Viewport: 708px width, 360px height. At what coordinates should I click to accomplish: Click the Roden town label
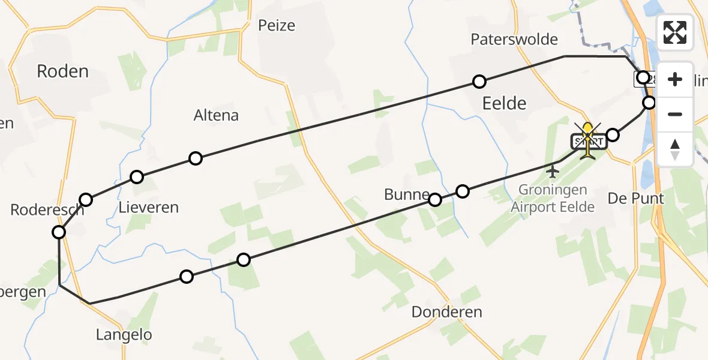(x=62, y=71)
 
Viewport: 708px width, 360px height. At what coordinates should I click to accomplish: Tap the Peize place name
(x=277, y=25)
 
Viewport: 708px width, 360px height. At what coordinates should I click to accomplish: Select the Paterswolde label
(x=514, y=40)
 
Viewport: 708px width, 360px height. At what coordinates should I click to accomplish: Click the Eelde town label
(x=504, y=103)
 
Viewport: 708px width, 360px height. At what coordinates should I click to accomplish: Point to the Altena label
(x=216, y=115)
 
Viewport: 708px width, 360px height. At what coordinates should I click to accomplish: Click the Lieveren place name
(x=149, y=208)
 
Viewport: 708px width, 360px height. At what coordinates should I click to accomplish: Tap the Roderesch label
(x=47, y=209)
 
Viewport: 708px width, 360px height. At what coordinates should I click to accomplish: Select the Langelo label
(x=124, y=335)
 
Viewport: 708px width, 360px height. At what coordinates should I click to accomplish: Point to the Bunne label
(x=407, y=195)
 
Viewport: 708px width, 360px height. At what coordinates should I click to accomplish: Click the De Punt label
(x=635, y=199)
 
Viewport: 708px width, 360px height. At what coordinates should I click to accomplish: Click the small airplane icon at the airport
(x=553, y=172)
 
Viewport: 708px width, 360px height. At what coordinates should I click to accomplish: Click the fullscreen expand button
(x=675, y=32)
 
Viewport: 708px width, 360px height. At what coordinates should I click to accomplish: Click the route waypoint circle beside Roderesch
(x=59, y=232)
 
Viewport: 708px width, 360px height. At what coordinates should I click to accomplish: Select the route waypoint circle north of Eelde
(x=479, y=82)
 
